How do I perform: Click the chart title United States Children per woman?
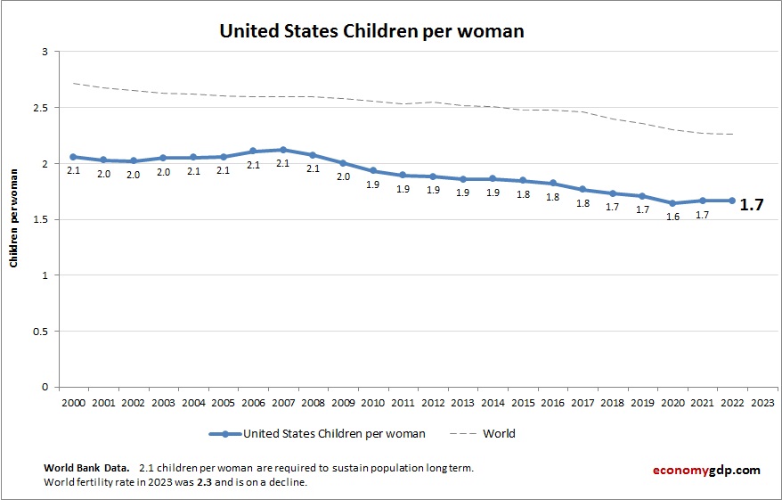coord(371,31)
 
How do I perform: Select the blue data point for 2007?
coord(282,150)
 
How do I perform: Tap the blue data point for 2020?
coord(672,203)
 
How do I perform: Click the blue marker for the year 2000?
coord(73,157)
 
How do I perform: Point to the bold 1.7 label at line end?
coord(752,205)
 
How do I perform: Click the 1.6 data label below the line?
coord(672,217)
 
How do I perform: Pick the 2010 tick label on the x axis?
coord(372,402)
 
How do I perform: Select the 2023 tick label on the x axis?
coord(762,402)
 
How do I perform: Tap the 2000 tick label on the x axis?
coord(73,402)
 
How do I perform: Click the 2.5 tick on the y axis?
coord(39,108)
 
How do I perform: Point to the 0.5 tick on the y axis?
coord(39,332)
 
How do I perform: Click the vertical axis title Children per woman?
coord(14,219)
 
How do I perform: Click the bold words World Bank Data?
coord(86,468)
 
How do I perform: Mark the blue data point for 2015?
coord(523,181)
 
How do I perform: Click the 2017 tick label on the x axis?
coord(582,402)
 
